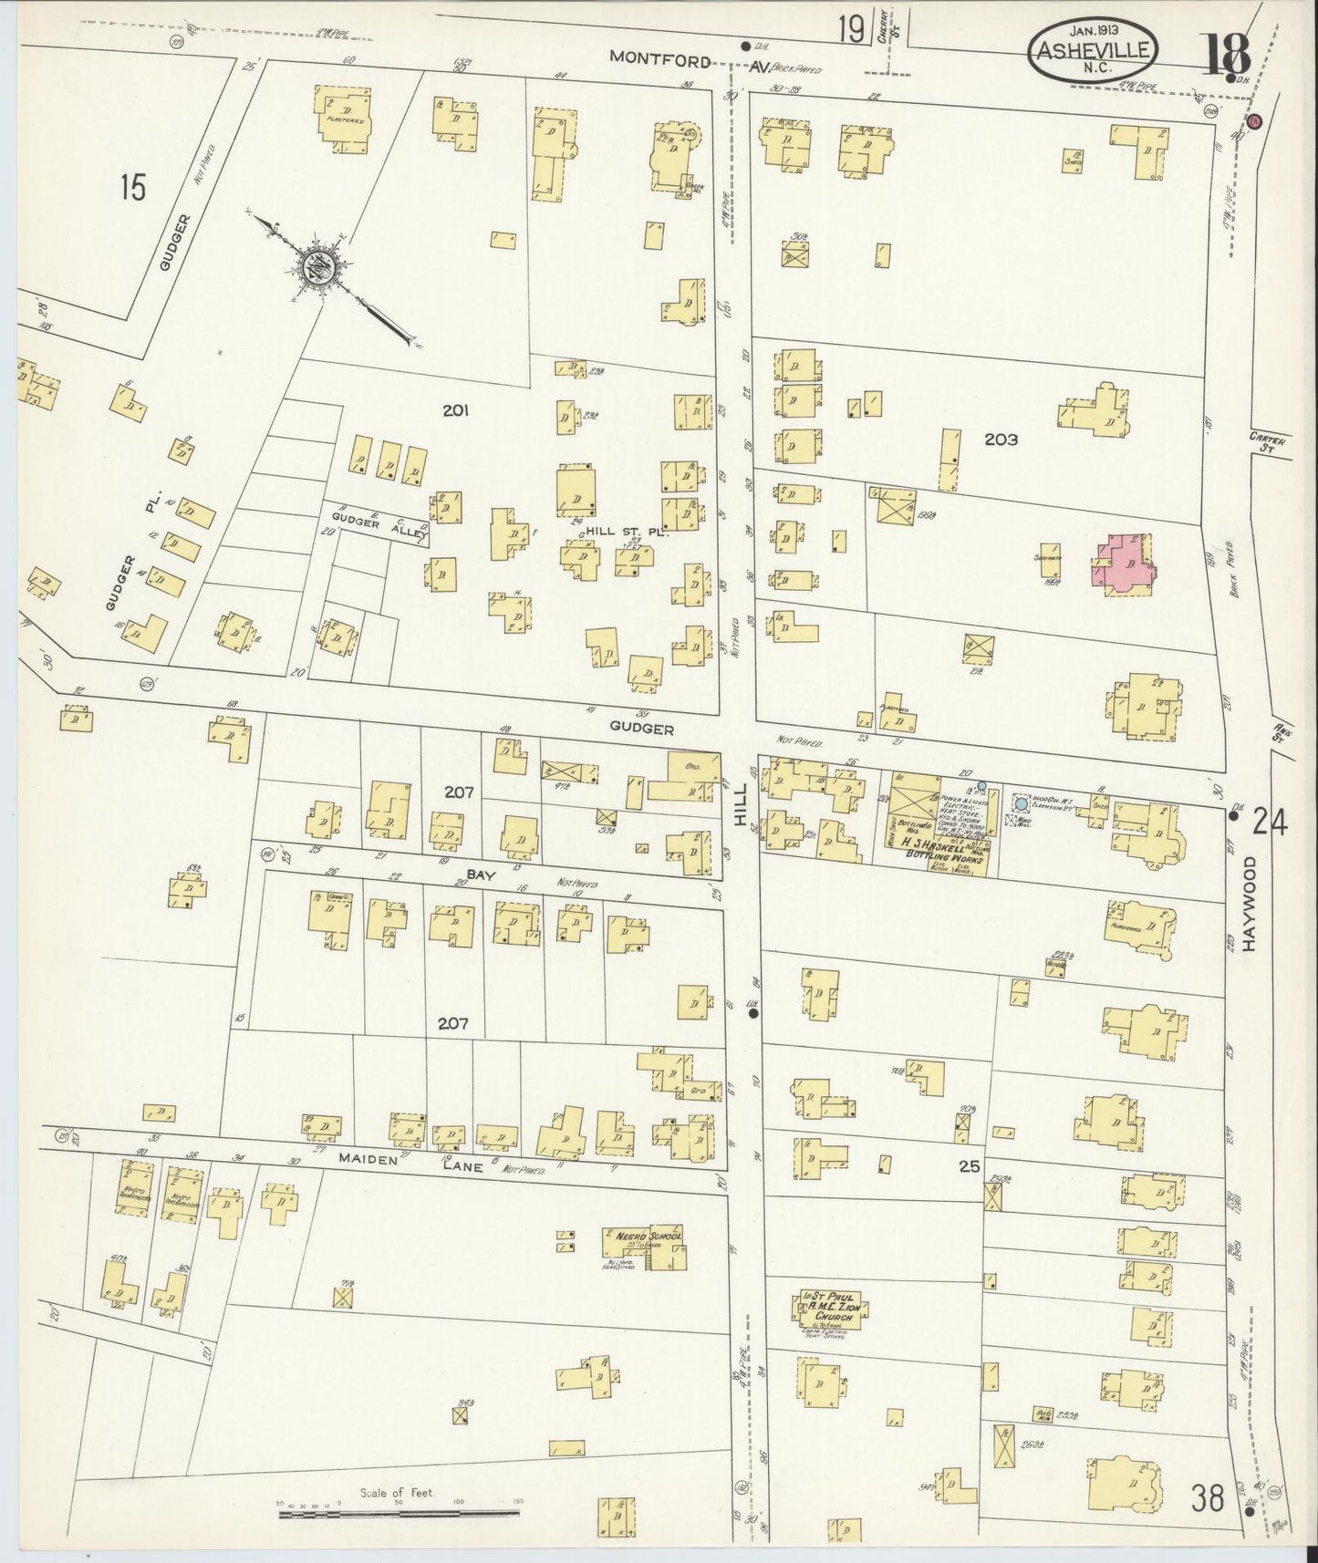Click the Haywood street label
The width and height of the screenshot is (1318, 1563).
[1249, 904]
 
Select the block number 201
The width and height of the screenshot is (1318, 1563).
[455, 411]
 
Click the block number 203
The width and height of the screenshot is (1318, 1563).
[1001, 440]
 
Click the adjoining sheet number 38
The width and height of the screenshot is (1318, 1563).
[1206, 1497]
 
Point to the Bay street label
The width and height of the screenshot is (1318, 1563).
[480, 874]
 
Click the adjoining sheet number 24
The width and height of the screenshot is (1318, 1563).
[1269, 823]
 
